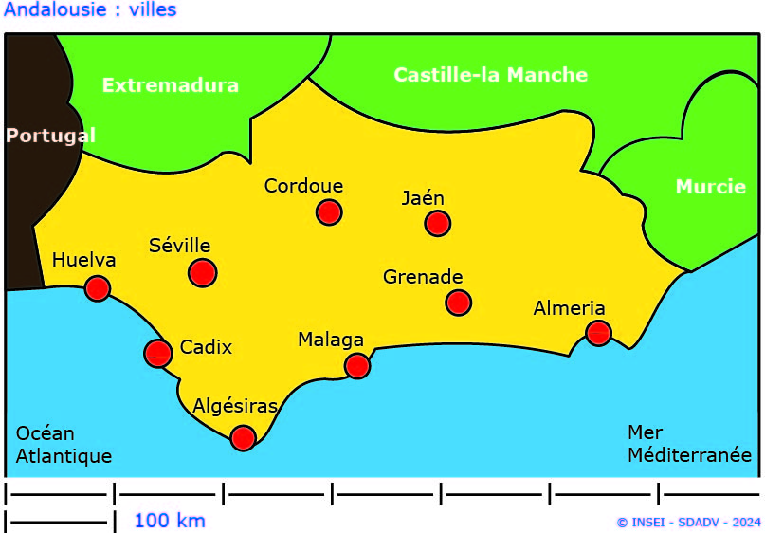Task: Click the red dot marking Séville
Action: pos(202,272)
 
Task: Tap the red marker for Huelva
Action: pos(97,288)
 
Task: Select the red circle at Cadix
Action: pos(157,353)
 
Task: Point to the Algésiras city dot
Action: pos(243,437)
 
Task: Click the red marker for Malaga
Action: pos(356,365)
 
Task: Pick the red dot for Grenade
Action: pos(458,303)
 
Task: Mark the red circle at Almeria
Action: pos(598,333)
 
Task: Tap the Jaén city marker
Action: pos(437,223)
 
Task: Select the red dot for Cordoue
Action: pos(328,211)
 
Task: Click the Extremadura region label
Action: pos(171,85)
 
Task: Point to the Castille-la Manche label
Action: pos(490,74)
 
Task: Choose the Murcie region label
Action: pos(710,187)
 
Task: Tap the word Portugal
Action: pos(50,136)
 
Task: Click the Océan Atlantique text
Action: pos(64,445)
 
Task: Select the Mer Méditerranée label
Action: pos(689,444)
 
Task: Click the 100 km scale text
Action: pos(169,521)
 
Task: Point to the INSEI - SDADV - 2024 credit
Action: pos(688,522)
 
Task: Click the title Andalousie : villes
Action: pos(90,10)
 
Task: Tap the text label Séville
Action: pos(180,246)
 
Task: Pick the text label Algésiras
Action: pos(235,407)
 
